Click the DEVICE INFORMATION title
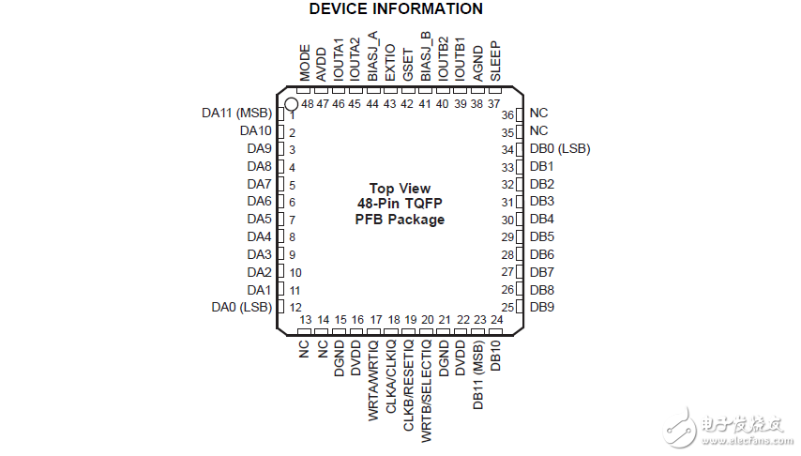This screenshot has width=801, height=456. [396, 8]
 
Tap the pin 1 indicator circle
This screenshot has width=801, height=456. [291, 104]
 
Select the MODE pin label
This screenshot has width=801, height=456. [305, 63]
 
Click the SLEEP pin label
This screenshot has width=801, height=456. [495, 61]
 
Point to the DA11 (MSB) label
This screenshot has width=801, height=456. [237, 113]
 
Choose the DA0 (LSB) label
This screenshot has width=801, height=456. [242, 307]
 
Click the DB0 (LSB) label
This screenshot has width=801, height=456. [560, 149]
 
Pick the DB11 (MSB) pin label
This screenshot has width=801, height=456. [477, 375]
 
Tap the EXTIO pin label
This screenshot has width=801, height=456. [390, 62]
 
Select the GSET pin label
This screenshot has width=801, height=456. [408, 65]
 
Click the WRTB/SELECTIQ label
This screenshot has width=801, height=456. [426, 391]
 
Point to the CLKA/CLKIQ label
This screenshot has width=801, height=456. [391, 377]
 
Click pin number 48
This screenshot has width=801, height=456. [308, 104]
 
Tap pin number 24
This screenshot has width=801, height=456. [496, 320]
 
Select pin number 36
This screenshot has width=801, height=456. [507, 115]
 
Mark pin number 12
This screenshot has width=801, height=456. [295, 307]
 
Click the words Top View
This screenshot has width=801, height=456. [400, 189]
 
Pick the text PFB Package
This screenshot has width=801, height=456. [400, 220]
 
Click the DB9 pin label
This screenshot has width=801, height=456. [542, 307]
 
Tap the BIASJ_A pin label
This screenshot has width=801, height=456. [373, 56]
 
